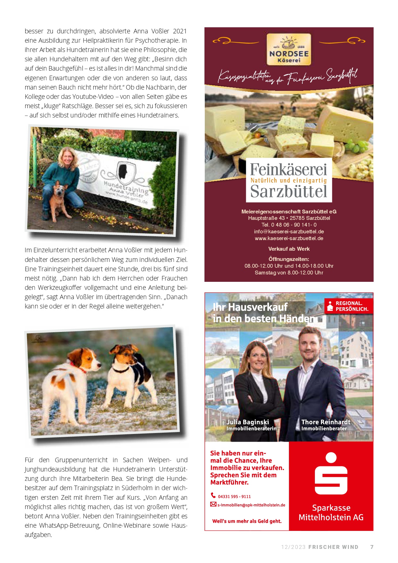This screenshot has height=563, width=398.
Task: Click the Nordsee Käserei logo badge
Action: click(289, 49)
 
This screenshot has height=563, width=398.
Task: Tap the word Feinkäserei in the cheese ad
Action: click(289, 169)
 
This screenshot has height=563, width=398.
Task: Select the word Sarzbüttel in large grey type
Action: click(289, 192)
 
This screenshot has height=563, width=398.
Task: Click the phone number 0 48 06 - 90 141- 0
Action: click(289, 225)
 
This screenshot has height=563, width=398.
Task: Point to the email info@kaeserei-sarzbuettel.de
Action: click(289, 231)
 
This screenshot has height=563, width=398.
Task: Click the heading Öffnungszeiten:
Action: click(289, 259)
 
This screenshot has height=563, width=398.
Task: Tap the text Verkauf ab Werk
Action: click(289, 249)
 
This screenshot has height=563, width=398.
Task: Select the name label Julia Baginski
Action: click(247, 422)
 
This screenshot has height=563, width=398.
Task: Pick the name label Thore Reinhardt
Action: click(325, 422)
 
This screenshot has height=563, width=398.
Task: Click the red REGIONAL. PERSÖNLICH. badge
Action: click(349, 306)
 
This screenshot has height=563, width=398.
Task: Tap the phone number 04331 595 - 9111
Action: click(234, 497)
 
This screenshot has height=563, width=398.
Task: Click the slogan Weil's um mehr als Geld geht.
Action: click(247, 521)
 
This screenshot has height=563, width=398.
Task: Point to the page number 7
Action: click(372, 547)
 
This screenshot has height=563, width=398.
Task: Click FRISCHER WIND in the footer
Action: click(333, 547)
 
